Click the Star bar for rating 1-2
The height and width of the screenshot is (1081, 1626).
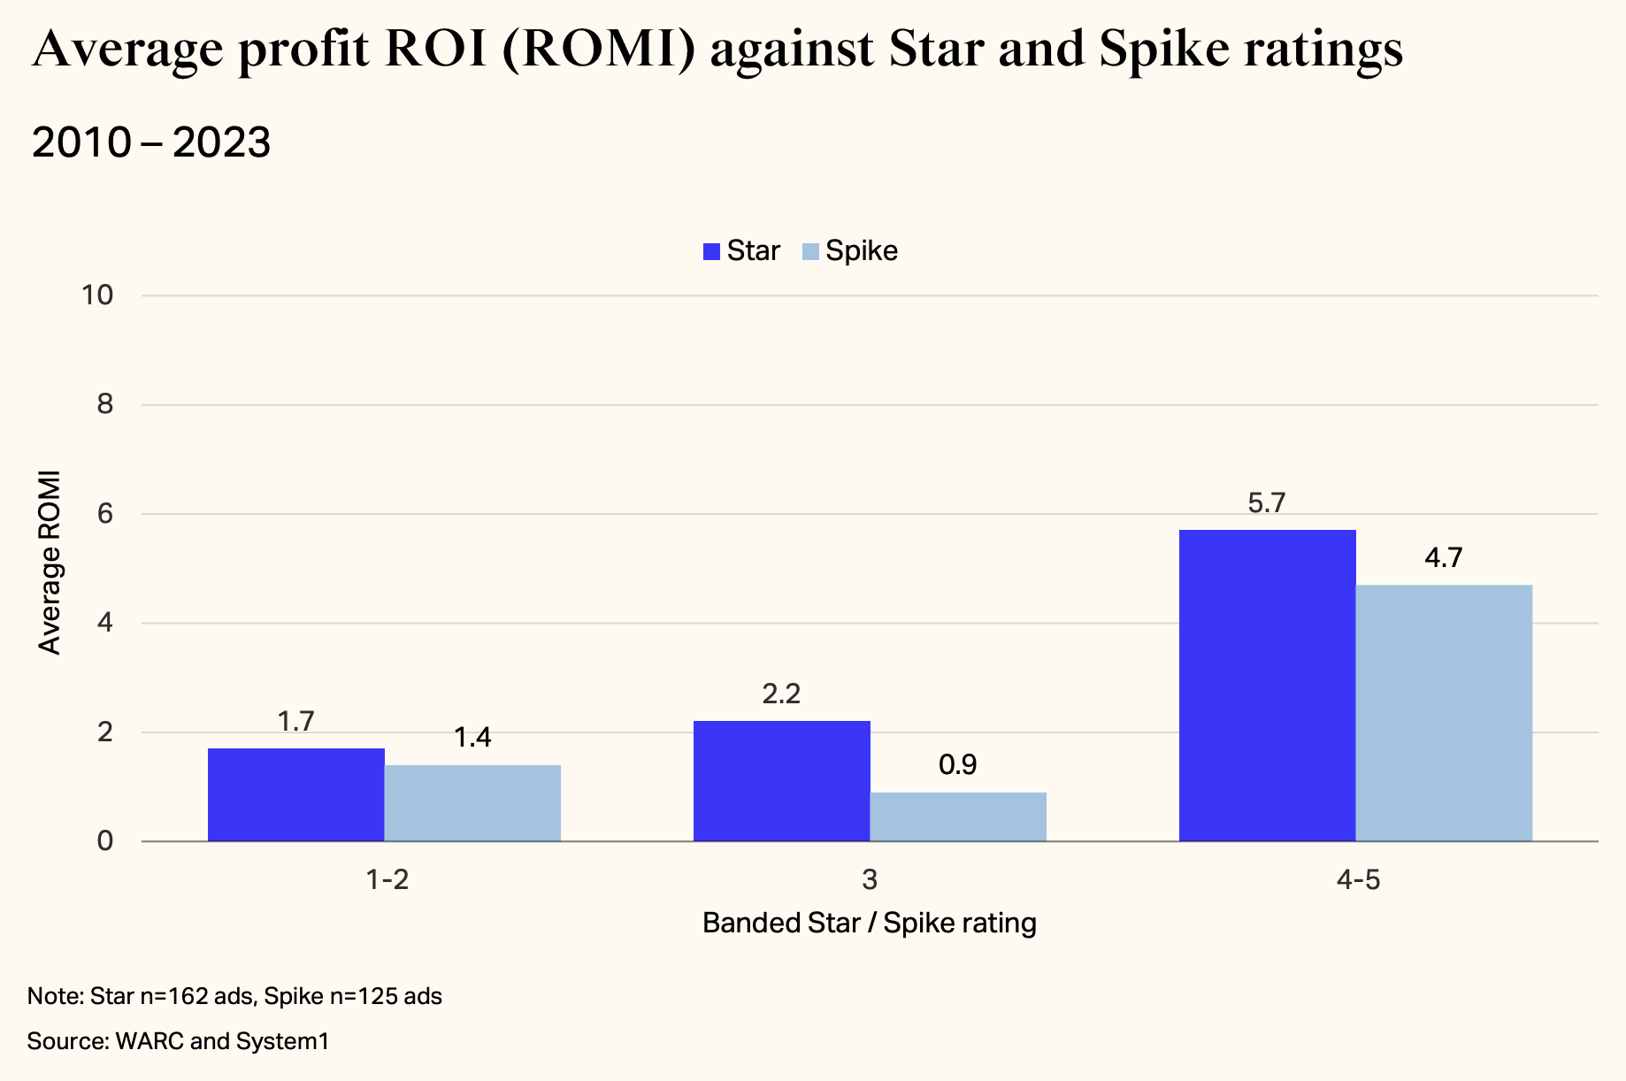(295, 794)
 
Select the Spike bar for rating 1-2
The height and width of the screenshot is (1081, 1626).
(472, 802)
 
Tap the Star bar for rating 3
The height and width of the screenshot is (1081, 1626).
(781, 780)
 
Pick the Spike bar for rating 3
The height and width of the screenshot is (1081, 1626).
(958, 816)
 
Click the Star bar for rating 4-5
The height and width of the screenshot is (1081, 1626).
(1267, 686)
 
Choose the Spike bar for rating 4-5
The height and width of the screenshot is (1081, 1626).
(1444, 713)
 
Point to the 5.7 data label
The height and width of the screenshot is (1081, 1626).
(1266, 503)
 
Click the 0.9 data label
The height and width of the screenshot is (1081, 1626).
(957, 765)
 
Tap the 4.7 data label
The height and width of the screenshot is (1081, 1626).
(1443, 558)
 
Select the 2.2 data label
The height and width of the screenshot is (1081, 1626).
(781, 694)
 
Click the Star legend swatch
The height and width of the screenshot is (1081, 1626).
(711, 251)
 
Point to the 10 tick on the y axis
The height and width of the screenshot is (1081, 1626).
(97, 295)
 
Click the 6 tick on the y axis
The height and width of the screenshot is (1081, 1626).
(105, 514)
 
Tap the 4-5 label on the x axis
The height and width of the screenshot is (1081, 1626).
(1358, 880)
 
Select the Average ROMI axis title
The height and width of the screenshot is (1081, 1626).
(50, 563)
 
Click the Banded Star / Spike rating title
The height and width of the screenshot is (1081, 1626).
(869, 924)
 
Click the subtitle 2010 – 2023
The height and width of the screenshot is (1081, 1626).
(150, 143)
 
